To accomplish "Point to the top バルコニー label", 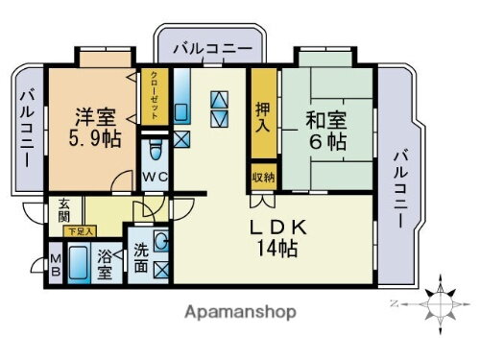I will point(211,47).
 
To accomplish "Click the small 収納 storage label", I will point(262,178).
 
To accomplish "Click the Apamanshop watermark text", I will point(240,311).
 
